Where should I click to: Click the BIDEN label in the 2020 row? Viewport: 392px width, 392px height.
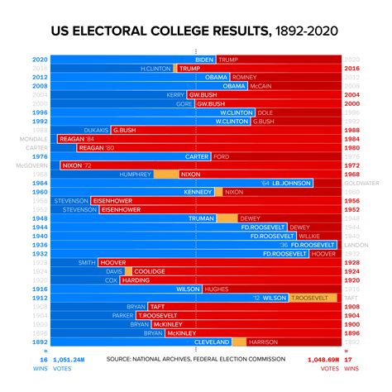[x=205, y=60]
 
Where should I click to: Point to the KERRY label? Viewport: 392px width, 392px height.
[x=175, y=95]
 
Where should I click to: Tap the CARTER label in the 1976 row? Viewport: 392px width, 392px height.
[x=197, y=156]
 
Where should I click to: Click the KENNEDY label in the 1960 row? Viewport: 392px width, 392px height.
[x=198, y=192]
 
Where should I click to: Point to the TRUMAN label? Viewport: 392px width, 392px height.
[x=202, y=218]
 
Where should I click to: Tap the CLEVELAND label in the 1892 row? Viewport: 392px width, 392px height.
[x=212, y=342]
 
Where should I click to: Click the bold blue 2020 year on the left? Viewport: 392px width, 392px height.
[x=39, y=60]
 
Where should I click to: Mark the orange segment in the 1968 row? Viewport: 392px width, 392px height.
[x=166, y=174]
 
